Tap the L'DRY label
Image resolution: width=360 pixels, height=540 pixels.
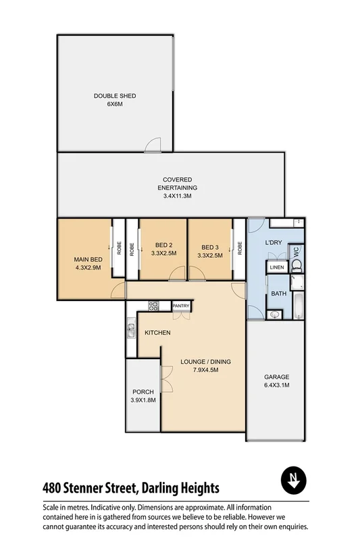click(x=274, y=242)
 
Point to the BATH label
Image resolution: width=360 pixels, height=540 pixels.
click(x=279, y=294)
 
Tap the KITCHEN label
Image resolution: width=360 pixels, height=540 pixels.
click(x=157, y=333)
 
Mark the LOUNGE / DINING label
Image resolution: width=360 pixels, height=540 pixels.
click(x=206, y=362)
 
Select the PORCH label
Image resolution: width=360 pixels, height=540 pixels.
click(x=143, y=391)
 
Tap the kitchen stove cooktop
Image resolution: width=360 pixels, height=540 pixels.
click(x=153, y=305)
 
